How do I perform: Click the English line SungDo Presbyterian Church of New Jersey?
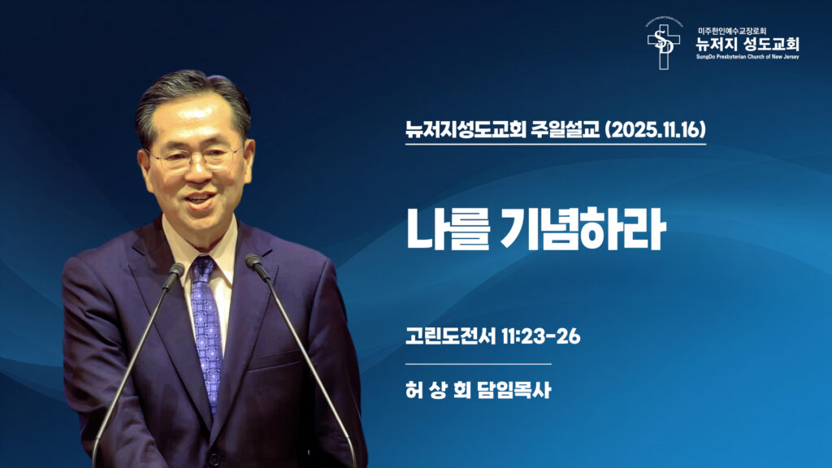pyautogui.click(x=747, y=58)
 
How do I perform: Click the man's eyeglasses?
pyautogui.click(x=197, y=157)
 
